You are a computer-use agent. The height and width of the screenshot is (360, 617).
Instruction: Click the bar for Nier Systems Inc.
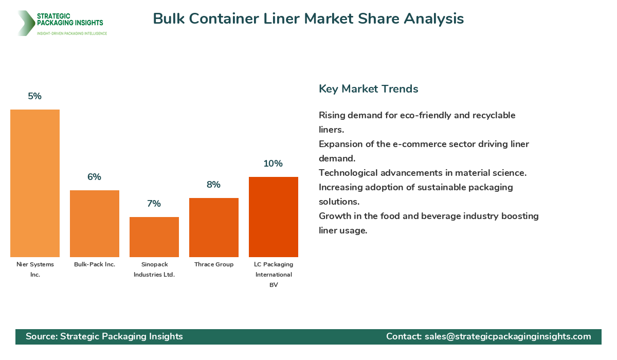pyautogui.click(x=35, y=183)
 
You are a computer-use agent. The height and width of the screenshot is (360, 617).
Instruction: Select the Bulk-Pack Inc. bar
pyautogui.click(x=95, y=224)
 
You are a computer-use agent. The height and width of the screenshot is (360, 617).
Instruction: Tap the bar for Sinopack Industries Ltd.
pyautogui.click(x=154, y=237)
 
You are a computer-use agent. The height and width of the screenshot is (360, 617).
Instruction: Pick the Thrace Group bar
pyautogui.click(x=214, y=227)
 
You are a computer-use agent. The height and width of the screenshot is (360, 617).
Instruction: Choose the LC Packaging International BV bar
pyautogui.click(x=274, y=217)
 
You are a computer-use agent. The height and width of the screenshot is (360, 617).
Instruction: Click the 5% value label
pyautogui.click(x=35, y=96)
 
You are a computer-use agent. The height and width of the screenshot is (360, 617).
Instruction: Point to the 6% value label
pyautogui.click(x=95, y=177)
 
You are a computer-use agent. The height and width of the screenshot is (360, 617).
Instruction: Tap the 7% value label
pyautogui.click(x=154, y=204)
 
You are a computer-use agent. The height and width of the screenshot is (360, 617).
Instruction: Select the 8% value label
pyautogui.click(x=214, y=185)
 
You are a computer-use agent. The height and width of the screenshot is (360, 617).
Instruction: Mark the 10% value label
pyautogui.click(x=274, y=164)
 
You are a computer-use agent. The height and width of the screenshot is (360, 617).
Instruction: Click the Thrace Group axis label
pyautogui.click(x=214, y=264)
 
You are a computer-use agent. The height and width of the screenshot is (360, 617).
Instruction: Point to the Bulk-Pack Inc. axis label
pyautogui.click(x=95, y=264)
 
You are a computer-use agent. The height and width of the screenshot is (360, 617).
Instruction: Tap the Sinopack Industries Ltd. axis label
pyautogui.click(x=154, y=269)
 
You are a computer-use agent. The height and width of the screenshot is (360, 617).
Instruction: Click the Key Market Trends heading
pyautogui.click(x=369, y=88)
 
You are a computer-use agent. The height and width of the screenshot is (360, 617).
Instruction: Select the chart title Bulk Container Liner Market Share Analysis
pyautogui.click(x=308, y=19)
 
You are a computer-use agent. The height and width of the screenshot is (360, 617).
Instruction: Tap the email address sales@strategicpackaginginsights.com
pyautogui.click(x=507, y=336)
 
